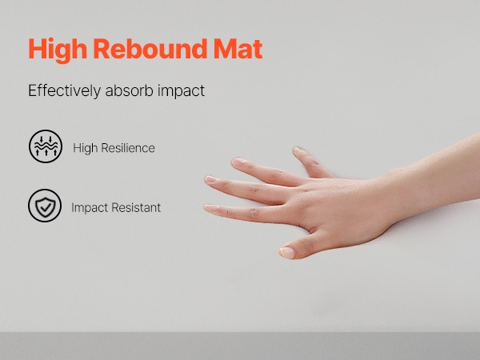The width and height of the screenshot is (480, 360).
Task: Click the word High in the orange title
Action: tap(58, 50)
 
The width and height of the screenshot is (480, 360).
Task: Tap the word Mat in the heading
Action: tap(238, 48)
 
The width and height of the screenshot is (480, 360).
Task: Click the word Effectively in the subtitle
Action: tap(64, 91)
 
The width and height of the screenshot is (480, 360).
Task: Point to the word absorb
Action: tap(129, 90)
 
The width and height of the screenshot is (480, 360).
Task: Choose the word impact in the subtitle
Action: tap(181, 91)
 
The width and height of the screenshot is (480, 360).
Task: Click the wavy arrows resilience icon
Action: tap(46, 146)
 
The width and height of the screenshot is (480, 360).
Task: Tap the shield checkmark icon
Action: tap(45, 206)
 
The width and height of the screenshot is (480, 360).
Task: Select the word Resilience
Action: tap(128, 148)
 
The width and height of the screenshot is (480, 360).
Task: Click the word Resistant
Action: tap(136, 207)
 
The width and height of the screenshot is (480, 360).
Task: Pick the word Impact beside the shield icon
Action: tap(90, 208)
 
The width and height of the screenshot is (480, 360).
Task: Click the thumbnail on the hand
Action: tap(287, 253)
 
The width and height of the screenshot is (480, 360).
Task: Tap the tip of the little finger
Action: tap(297, 150)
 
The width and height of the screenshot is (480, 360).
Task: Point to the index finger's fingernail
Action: tap(211, 209)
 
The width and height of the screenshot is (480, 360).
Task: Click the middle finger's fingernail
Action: tap(211, 179)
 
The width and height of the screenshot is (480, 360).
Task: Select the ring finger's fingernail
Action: tap(238, 162)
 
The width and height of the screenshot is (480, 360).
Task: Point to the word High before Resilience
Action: tap(85, 149)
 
